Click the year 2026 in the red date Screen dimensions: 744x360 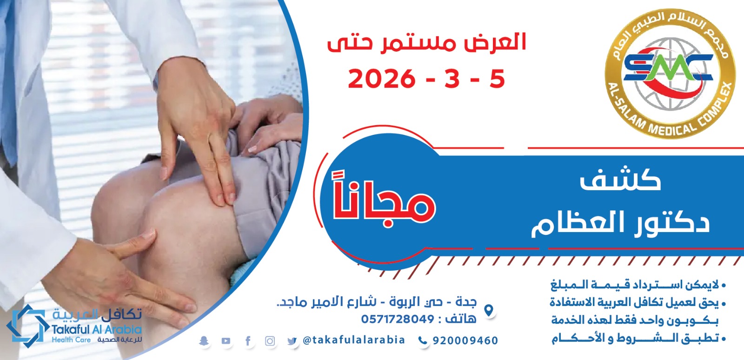coord(382,80)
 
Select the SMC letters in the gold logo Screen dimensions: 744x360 coord(668,68)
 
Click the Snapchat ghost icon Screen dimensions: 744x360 coord(204,341)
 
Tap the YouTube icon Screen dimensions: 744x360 coord(226,341)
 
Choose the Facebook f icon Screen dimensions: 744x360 coord(248,341)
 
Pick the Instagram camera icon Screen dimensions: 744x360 coord(270,341)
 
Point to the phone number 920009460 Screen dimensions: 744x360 coord(465,340)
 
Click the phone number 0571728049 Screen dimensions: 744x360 coord(398,319)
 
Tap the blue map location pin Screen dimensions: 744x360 coord(488,310)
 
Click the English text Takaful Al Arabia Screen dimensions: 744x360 coord(97,330)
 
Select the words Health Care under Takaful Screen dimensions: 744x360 coord(71,340)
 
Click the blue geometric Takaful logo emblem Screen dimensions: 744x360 coord(26,326)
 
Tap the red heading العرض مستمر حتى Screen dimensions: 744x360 coord(427,44)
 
